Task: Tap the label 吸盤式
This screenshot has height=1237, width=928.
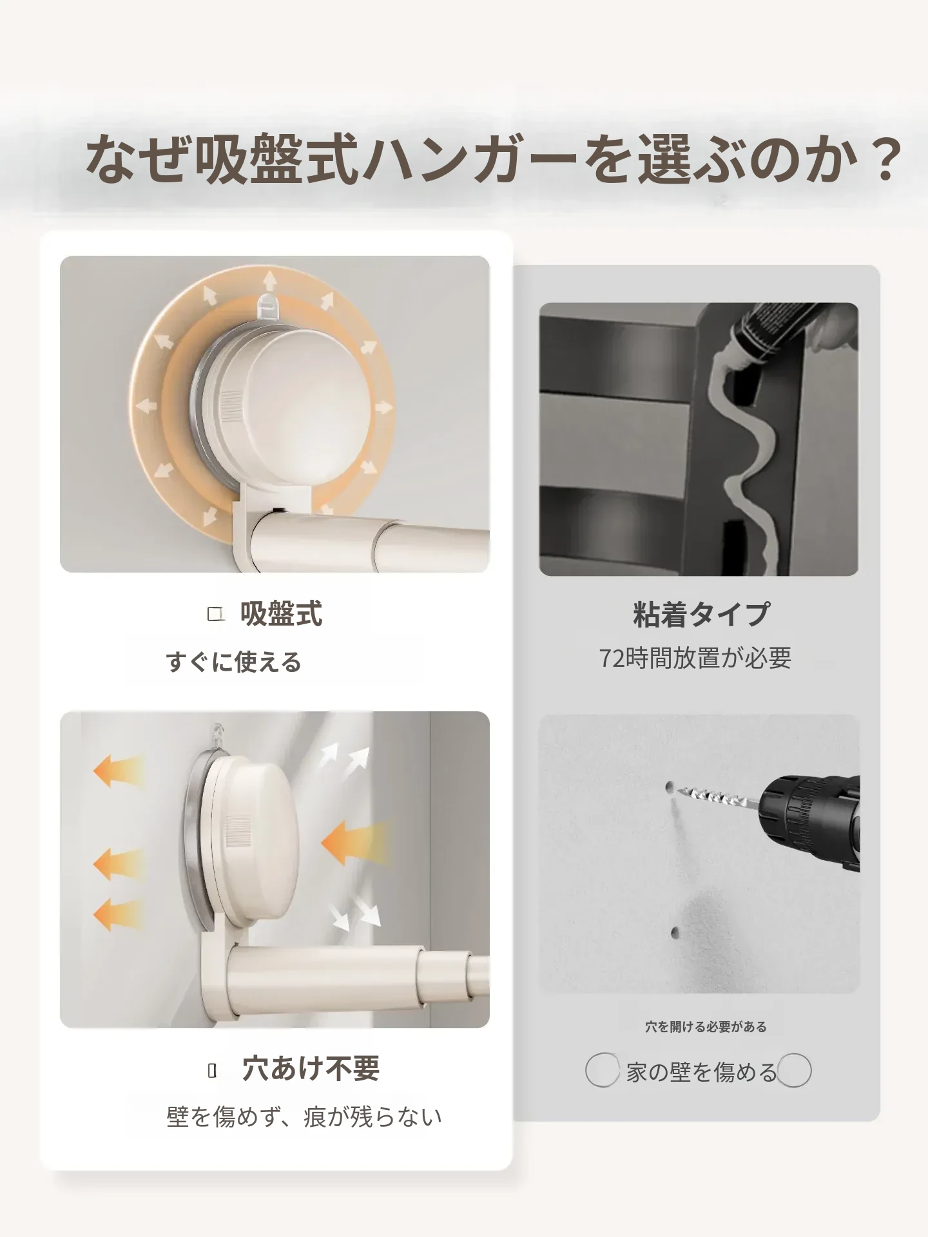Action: [281, 614]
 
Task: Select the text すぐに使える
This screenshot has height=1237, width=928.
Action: [233, 662]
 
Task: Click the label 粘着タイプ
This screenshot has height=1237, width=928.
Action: [702, 614]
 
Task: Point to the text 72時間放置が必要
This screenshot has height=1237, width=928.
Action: [695, 658]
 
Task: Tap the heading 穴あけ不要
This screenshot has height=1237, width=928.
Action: [311, 1069]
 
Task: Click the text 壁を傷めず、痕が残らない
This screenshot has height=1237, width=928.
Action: [304, 1117]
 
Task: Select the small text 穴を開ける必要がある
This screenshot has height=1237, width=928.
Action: [706, 1027]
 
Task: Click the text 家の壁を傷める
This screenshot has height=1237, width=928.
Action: [702, 1072]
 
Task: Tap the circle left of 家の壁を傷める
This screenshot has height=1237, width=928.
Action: [602, 1070]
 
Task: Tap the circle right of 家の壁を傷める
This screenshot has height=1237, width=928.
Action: [794, 1070]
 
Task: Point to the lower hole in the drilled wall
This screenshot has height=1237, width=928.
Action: [674, 932]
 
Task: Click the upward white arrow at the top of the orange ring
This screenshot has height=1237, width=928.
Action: [269, 281]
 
